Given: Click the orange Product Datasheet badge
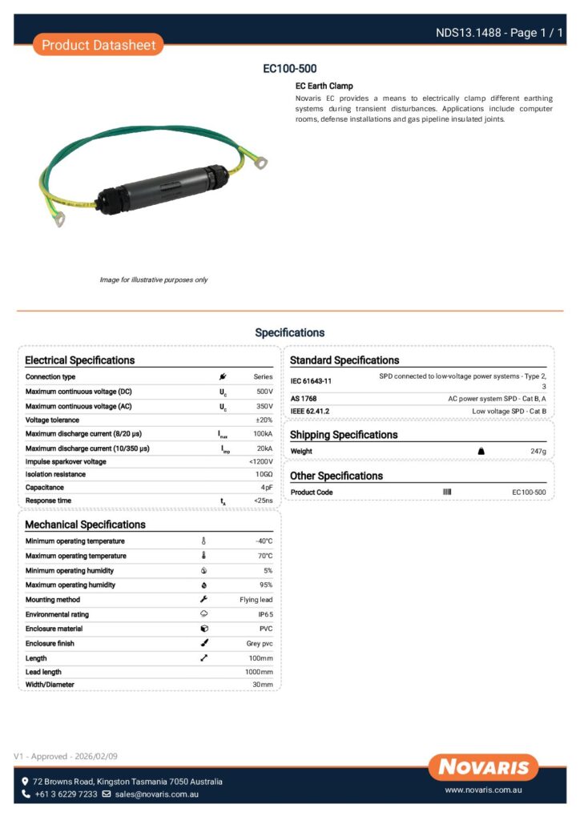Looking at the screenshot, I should [99, 45].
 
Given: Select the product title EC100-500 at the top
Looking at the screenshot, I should [290, 69].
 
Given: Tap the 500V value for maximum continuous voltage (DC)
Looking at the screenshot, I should [264, 392].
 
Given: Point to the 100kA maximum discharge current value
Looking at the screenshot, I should [263, 433].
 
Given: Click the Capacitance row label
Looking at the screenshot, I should [45, 487].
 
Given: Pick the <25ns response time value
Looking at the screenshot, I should [263, 500].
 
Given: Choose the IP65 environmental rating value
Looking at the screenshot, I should [265, 614].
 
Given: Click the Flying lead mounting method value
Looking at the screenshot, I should [256, 600].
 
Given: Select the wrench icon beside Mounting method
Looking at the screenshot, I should [203, 600].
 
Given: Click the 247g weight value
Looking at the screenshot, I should [538, 452].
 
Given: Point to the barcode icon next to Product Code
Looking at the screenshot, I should [447, 492].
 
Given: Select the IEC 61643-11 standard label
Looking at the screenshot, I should [311, 381].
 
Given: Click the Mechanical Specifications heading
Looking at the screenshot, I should [86, 525].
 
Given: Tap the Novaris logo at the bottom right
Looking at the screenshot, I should [483, 767].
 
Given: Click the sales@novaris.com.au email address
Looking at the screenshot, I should [156, 794].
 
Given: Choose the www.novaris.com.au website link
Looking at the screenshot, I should [483, 790].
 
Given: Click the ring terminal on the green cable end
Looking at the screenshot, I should [260, 163].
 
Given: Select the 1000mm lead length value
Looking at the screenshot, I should [259, 672].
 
